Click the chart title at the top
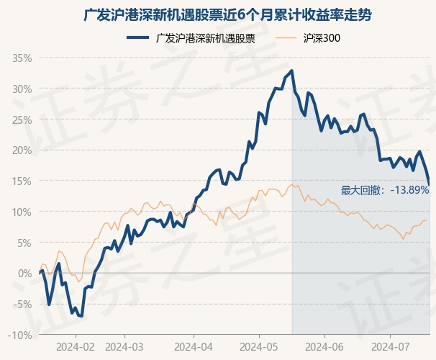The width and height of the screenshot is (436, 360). pyautogui.click(x=218, y=14)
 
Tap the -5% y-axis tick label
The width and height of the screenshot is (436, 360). pyautogui.click(x=23, y=305)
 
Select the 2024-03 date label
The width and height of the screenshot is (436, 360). pyautogui.click(x=124, y=346)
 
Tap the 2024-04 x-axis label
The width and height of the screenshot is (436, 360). pyautogui.click(x=194, y=346)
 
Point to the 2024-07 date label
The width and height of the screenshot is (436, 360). pyautogui.click(x=389, y=346)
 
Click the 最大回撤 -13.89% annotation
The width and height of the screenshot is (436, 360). pyautogui.click(x=384, y=190)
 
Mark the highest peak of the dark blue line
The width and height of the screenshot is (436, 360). pyautogui.click(x=291, y=71)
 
